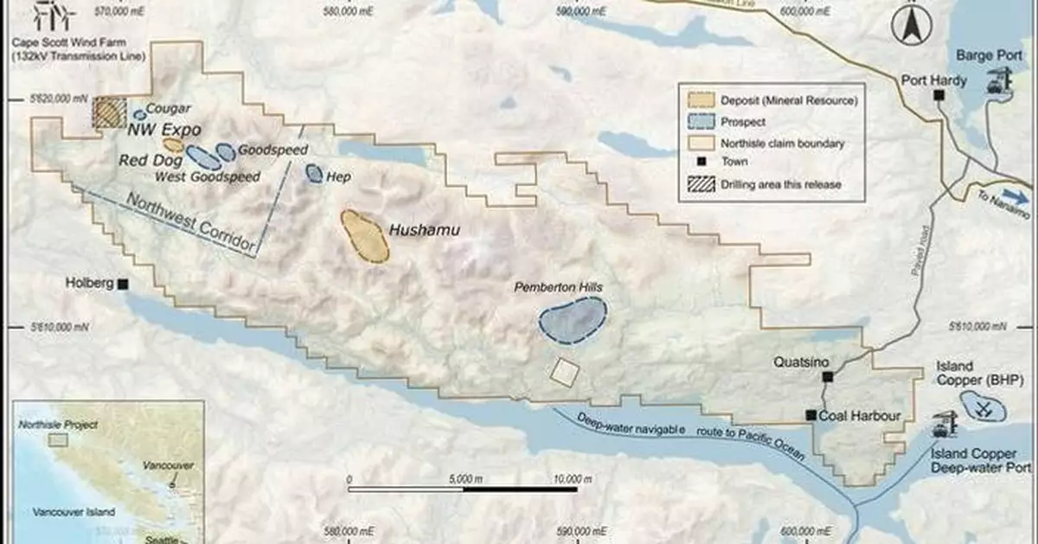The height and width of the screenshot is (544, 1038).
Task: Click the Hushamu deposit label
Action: point(423,231)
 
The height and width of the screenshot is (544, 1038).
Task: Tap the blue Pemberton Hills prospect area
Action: point(573,319)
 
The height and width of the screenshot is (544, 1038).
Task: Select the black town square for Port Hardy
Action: point(939,96)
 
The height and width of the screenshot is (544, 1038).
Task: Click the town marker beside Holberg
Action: point(125,284)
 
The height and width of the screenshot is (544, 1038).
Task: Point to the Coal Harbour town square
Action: point(811,416)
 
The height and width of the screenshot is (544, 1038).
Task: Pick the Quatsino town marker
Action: point(828,377)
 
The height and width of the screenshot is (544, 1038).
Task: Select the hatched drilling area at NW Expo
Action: point(109,113)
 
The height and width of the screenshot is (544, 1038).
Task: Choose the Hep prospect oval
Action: point(314,174)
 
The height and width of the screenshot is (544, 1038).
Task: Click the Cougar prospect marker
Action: point(138,114)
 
